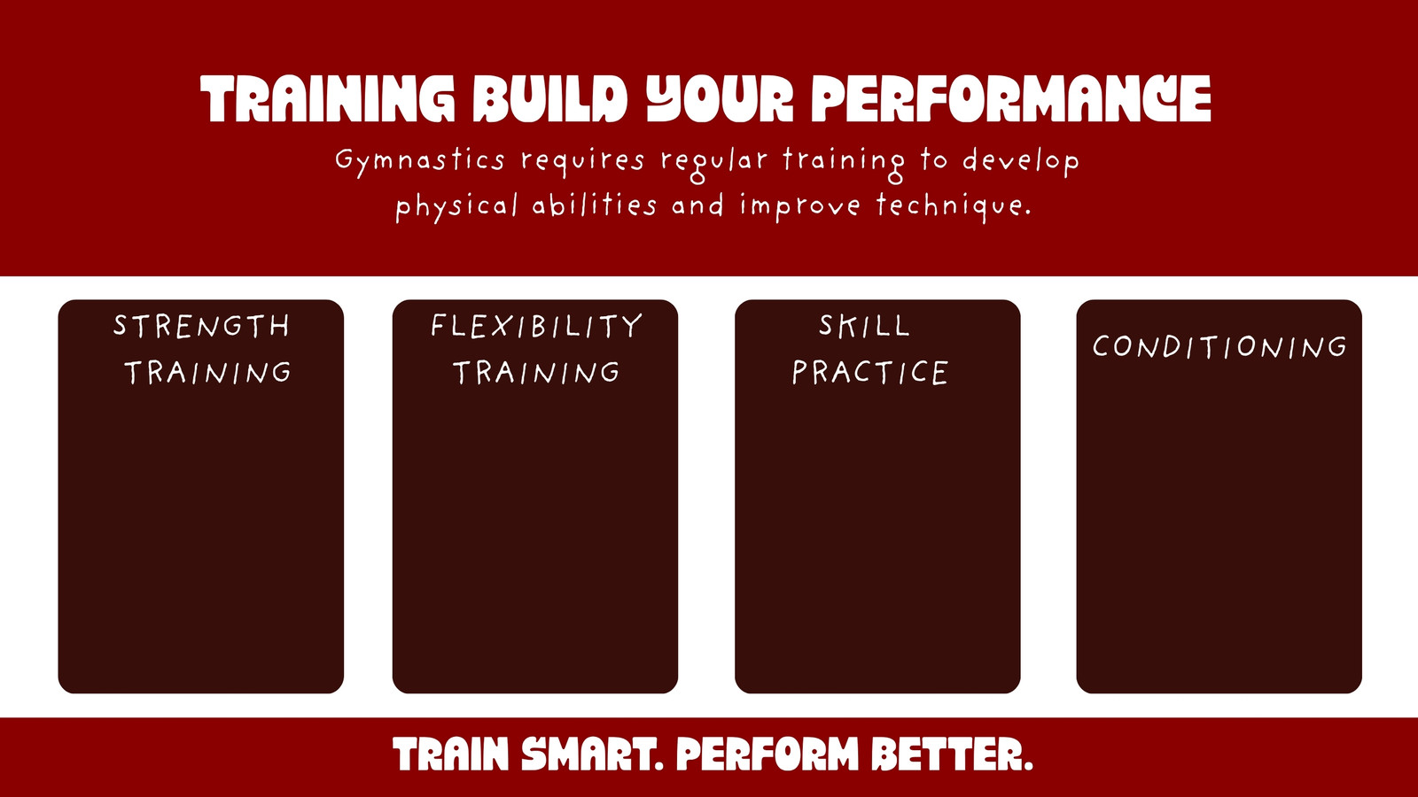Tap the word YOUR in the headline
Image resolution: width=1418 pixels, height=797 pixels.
[x=720, y=98]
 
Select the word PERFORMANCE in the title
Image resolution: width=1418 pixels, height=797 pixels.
[x=1011, y=98]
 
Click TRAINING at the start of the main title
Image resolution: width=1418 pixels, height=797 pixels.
[x=327, y=98]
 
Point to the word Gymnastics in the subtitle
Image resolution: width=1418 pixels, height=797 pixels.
[x=420, y=160]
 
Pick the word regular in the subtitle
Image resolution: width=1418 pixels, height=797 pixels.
[x=714, y=163]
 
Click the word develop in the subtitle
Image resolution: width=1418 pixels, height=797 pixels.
[x=1020, y=162]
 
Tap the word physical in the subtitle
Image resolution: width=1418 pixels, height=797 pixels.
[x=456, y=207]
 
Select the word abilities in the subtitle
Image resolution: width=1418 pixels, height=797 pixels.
[x=595, y=205]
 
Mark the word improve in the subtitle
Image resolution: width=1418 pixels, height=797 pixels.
[x=800, y=207]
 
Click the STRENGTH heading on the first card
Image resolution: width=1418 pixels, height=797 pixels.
[x=201, y=327]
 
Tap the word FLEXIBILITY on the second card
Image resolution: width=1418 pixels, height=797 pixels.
[x=536, y=327]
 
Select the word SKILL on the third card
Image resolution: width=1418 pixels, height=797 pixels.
[x=865, y=327]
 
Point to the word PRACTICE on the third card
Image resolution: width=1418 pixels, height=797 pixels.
[x=869, y=372]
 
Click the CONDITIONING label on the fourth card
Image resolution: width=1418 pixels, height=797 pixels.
[x=1219, y=346]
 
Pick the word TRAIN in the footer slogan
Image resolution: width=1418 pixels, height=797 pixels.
[x=451, y=754]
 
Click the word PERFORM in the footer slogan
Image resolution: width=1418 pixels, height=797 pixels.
[x=767, y=754]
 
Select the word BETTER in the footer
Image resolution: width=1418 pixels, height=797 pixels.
[x=946, y=754]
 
